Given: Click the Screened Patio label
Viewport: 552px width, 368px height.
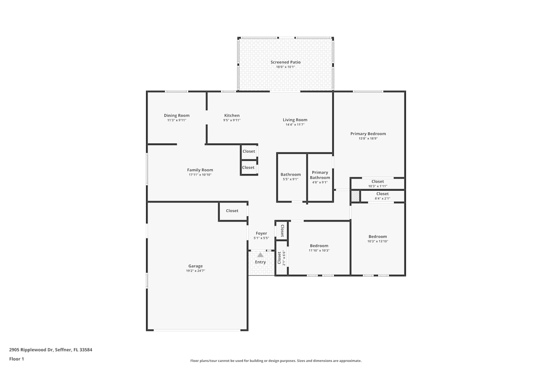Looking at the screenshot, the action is click(x=285, y=62).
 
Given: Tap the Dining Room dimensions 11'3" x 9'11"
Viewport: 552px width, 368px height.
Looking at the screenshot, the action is click(x=177, y=120).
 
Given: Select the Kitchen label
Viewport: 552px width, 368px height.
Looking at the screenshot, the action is click(x=232, y=115).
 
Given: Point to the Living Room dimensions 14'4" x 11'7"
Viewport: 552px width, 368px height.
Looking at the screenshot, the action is click(x=295, y=125).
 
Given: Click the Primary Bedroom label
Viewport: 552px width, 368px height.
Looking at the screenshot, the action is click(x=368, y=134).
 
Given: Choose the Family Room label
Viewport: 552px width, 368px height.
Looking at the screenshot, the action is click(x=200, y=170).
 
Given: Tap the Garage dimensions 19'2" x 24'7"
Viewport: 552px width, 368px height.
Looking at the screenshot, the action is click(x=195, y=270).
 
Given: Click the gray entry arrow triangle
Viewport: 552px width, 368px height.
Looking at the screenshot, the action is click(x=260, y=255).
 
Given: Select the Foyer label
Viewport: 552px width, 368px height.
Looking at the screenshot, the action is click(x=261, y=233).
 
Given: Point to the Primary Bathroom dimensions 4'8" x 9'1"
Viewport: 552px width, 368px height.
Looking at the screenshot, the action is click(x=320, y=183).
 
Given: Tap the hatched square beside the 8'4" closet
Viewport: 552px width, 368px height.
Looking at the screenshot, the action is click(x=355, y=196).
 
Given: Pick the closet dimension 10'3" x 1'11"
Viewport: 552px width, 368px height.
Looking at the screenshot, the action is click(x=378, y=186).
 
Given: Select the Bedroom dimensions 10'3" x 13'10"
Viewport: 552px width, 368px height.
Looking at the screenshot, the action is click(x=378, y=241).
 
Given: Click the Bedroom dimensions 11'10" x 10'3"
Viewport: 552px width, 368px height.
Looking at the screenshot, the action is click(x=319, y=251).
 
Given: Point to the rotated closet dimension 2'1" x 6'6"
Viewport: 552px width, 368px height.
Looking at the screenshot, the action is click(x=284, y=258).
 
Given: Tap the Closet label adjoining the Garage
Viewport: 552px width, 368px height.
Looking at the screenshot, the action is click(x=232, y=211).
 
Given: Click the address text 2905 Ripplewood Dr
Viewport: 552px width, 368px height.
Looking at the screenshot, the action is click(x=31, y=350).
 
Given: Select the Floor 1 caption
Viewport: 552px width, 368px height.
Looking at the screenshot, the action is click(x=17, y=359).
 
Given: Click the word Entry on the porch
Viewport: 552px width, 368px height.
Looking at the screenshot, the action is click(x=260, y=262).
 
